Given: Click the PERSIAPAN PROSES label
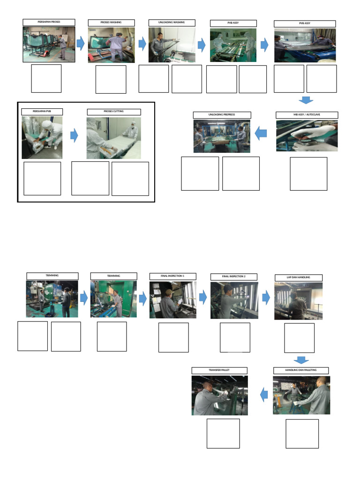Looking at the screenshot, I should (49, 22).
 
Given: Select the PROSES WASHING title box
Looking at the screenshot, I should (111, 22).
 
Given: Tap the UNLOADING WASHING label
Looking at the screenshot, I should (172, 22).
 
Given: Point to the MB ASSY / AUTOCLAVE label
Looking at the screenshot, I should (307, 115).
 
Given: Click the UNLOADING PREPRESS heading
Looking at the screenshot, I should (222, 115).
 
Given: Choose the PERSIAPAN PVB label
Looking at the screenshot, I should (42, 112).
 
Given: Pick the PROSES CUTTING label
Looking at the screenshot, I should (114, 112).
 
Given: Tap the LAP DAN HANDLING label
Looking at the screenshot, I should (299, 277).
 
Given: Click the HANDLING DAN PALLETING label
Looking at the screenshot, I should (301, 370).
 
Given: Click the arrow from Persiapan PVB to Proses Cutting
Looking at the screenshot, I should (74, 136).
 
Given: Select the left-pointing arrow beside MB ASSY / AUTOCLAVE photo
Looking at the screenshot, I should (261, 134).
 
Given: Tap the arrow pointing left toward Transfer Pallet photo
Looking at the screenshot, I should (264, 395).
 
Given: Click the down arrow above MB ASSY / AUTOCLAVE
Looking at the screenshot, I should (306, 100).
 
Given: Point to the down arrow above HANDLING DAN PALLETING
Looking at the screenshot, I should (301, 360).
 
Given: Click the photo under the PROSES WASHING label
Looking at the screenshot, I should (111, 45).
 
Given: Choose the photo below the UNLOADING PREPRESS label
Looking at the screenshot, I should (222, 136).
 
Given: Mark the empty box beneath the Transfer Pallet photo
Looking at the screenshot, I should (223, 434).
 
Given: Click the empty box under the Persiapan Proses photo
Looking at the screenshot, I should (46, 79).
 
